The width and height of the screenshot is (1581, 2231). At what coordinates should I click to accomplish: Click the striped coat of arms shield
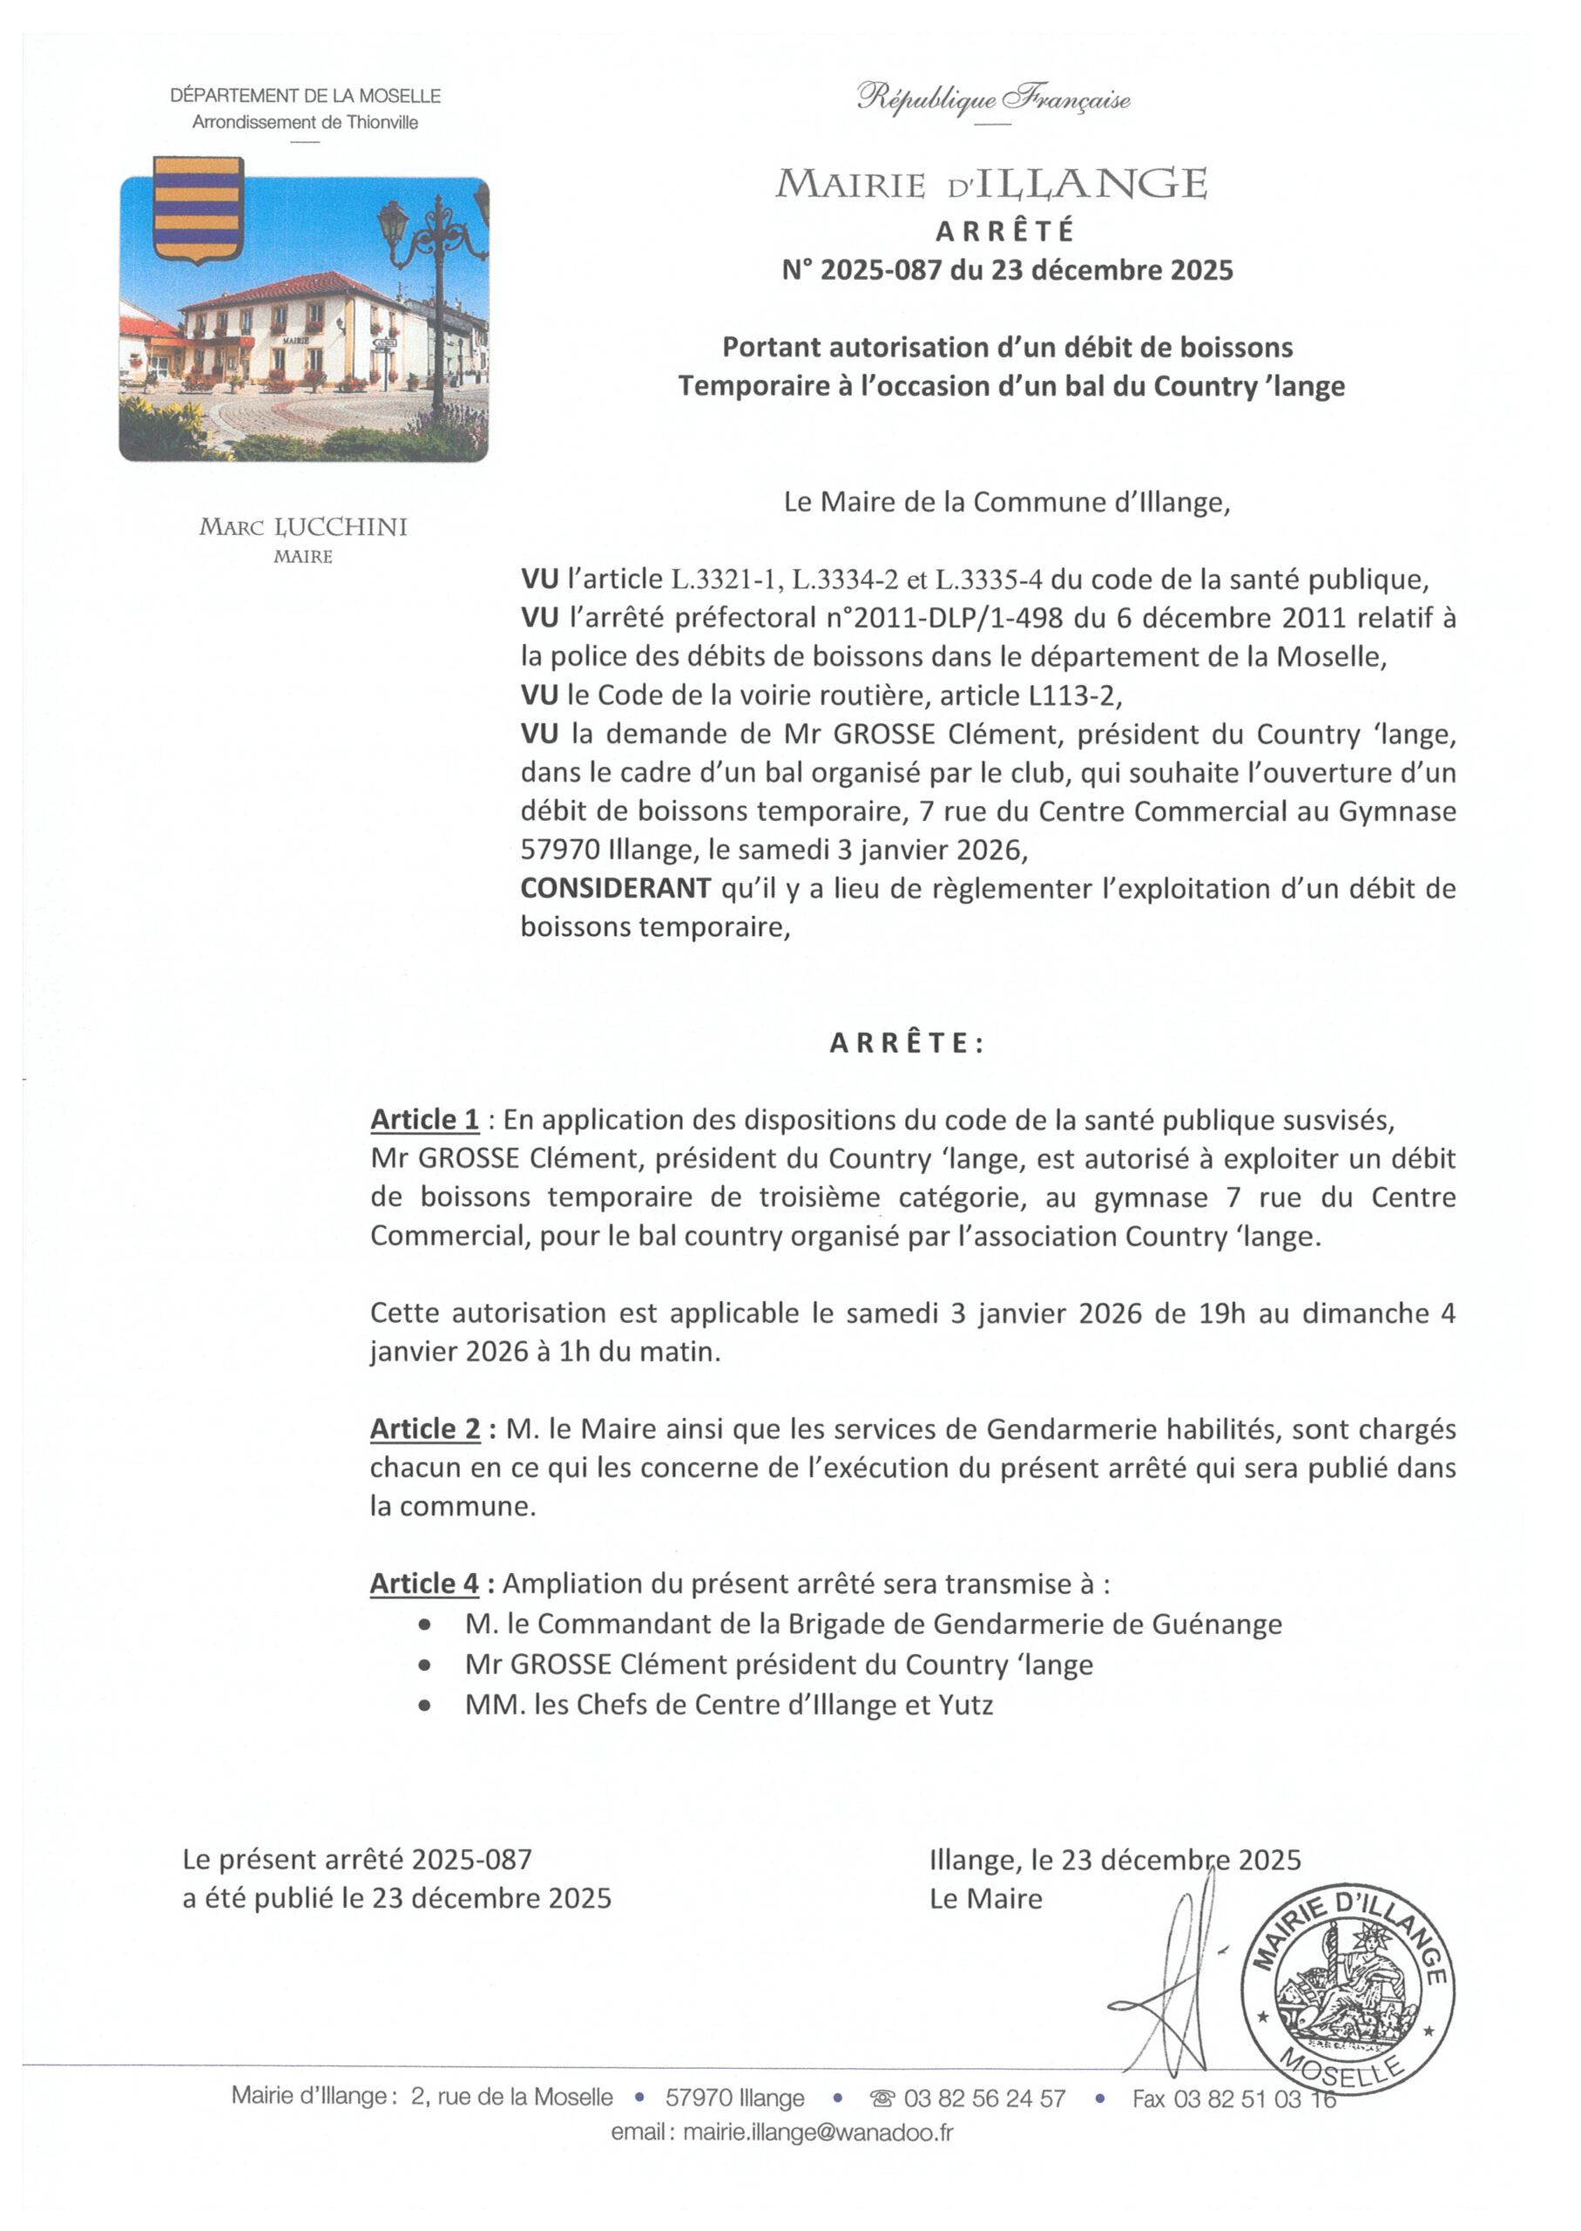(198, 208)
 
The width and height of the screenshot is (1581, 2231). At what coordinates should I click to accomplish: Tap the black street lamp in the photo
(437, 292)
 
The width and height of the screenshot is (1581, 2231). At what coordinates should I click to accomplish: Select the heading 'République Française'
(993, 98)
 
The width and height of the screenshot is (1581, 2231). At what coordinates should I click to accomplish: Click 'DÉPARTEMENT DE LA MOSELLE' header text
(305, 96)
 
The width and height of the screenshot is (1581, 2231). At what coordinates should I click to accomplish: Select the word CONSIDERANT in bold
(615, 888)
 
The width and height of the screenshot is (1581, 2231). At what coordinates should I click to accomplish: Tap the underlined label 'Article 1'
(424, 1120)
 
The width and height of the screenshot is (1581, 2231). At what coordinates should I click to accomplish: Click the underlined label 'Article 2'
(424, 1428)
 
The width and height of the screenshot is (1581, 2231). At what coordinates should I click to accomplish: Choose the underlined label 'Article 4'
(424, 1583)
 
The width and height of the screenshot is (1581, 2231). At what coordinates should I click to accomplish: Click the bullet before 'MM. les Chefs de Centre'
(423, 1705)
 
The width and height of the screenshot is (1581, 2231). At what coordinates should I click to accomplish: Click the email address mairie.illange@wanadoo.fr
(818, 2133)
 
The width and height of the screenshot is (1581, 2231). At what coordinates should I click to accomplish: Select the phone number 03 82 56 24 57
(984, 2099)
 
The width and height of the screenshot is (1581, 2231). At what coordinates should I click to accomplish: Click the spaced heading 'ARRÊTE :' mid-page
(906, 1043)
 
